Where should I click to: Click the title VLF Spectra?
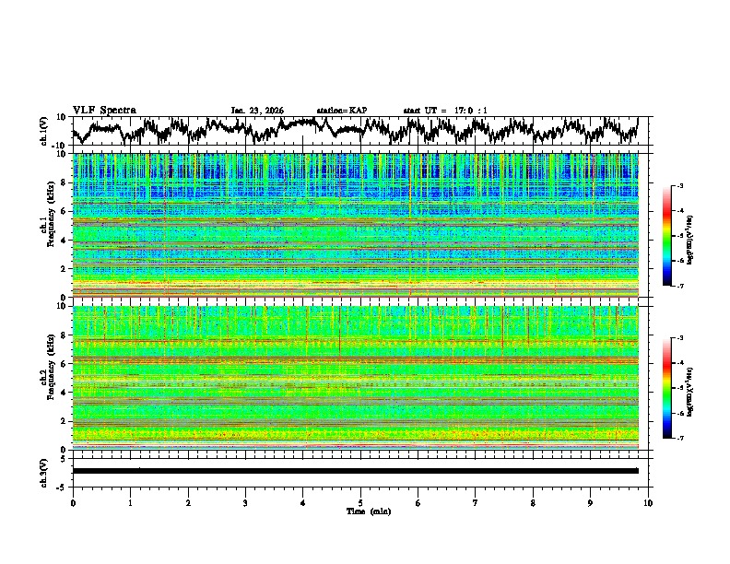click(x=104, y=111)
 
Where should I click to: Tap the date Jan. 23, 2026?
click(x=257, y=111)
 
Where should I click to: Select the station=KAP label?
click(x=342, y=111)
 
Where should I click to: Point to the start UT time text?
click(x=445, y=111)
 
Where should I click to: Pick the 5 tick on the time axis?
click(x=360, y=502)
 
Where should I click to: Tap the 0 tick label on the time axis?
click(x=73, y=502)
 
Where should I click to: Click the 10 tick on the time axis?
click(x=648, y=502)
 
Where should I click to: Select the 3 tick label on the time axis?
click(x=245, y=502)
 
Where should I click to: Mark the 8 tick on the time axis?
click(x=533, y=502)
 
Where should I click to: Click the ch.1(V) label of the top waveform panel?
click(x=44, y=131)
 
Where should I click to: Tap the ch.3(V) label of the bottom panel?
click(x=44, y=470)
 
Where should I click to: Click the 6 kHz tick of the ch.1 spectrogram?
click(x=65, y=212)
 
